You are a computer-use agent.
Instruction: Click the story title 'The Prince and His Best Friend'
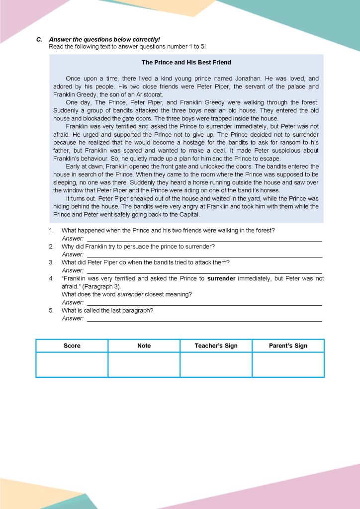pos(186,63)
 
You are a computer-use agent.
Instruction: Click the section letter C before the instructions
pos(39,39)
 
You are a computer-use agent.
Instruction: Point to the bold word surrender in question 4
pos(221,279)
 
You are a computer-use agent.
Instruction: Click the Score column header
pos(72,346)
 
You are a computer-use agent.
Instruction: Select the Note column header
pos(144,346)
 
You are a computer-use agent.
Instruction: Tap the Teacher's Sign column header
pos(216,346)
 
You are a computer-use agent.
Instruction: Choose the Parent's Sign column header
pos(288,346)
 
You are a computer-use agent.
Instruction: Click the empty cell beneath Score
pos(72,364)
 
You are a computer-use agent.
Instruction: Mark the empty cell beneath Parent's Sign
pos(288,364)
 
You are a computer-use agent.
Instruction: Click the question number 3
pos(51,262)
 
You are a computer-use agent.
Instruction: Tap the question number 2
pos(51,247)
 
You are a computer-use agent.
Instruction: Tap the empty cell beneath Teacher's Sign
pos(216,364)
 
